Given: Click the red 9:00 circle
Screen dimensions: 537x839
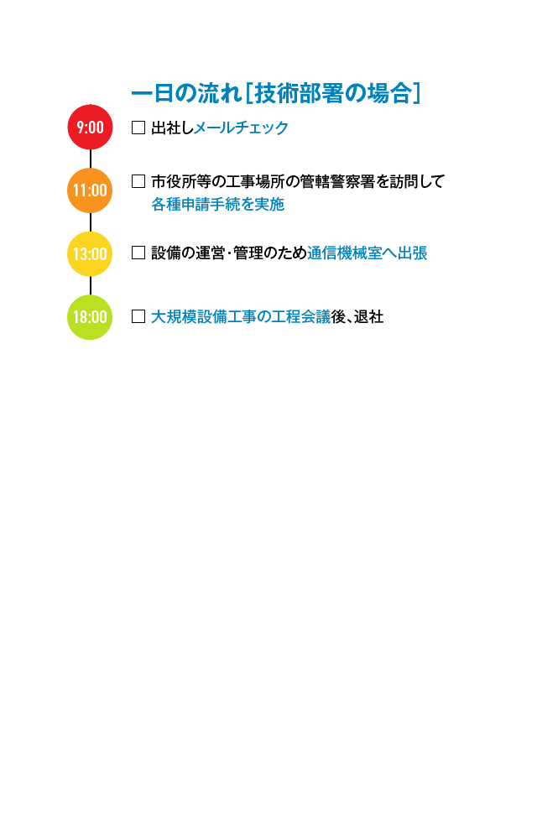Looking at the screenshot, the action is coord(90,128).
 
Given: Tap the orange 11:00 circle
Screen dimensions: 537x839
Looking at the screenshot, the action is coord(90,190).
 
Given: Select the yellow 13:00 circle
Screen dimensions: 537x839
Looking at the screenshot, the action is coord(90,253).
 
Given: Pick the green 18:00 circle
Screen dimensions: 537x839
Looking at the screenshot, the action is coord(90,317).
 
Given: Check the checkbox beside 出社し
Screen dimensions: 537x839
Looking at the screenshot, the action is coord(138,128).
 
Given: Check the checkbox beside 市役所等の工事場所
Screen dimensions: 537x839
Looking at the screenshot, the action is coord(138,182).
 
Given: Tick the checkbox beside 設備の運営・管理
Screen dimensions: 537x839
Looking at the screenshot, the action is coord(138,253).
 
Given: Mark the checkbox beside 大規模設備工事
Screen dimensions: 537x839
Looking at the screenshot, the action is coord(138,317).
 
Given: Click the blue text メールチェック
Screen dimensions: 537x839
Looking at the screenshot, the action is coord(241,128).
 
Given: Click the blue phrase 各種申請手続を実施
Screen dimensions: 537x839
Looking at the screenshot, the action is coord(217,205).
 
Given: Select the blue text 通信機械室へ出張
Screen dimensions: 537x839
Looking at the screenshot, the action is coord(368,253).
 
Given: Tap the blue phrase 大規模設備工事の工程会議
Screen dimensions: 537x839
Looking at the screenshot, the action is coord(241,317).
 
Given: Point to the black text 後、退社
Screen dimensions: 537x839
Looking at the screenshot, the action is coord(357,317).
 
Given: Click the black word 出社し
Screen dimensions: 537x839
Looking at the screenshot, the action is coord(172,128).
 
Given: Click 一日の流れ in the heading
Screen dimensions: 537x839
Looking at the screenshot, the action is coord(186,94).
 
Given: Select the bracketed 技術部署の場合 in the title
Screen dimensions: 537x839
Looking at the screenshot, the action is coord(332,94).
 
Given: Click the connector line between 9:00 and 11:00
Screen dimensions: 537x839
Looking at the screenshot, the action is coord(91,159).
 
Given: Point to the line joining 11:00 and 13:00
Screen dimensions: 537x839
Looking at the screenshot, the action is coord(91,222).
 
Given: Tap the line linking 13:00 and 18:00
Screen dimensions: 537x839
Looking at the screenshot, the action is coord(91,285).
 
